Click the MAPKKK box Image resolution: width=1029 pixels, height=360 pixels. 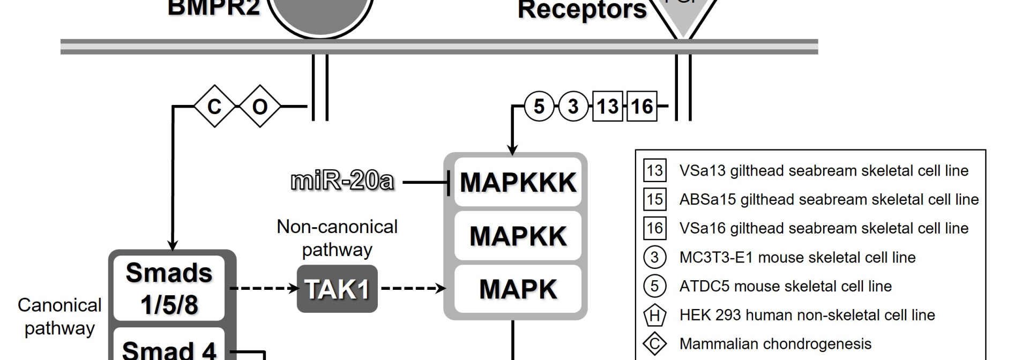[517, 182]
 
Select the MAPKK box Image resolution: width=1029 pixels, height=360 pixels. [517, 236]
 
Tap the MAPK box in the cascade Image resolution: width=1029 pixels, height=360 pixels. [517, 289]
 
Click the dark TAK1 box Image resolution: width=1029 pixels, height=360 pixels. [337, 289]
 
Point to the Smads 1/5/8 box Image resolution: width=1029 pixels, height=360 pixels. [169, 289]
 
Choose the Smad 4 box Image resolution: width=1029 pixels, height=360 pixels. [169, 349]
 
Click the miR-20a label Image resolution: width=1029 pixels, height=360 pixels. [342, 181]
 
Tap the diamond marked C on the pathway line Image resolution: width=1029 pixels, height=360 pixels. [214, 106]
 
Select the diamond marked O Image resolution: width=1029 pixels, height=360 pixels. [260, 106]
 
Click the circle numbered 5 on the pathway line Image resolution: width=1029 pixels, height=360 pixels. [539, 106]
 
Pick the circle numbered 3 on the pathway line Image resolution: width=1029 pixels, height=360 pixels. [573, 106]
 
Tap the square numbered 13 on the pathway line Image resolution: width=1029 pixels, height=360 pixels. [607, 106]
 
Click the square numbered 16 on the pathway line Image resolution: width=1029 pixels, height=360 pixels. [642, 106]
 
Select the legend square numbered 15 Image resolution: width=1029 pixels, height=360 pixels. [654, 199]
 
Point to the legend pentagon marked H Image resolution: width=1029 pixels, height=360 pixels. [654, 315]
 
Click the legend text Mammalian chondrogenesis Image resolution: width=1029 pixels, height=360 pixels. [775, 343]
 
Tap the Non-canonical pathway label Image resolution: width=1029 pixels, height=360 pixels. [337, 238]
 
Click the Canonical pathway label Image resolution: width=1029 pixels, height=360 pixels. [59, 316]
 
